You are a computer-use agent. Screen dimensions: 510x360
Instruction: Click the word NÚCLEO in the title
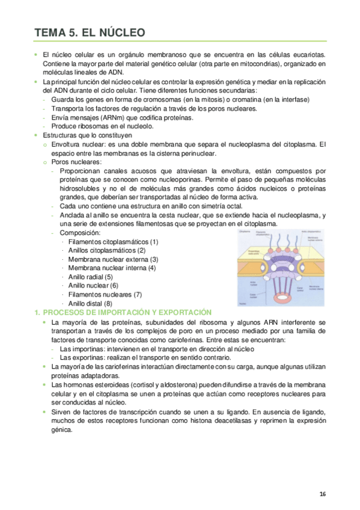click(114, 32)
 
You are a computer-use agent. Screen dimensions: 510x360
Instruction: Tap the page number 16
click(322, 494)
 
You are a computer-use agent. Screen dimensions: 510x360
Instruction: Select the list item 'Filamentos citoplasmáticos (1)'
click(113, 242)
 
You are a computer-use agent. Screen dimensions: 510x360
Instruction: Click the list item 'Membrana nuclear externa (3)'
click(113, 259)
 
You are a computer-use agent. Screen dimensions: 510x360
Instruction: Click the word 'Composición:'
click(80, 233)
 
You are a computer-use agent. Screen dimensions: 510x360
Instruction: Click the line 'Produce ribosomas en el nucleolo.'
click(102, 127)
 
